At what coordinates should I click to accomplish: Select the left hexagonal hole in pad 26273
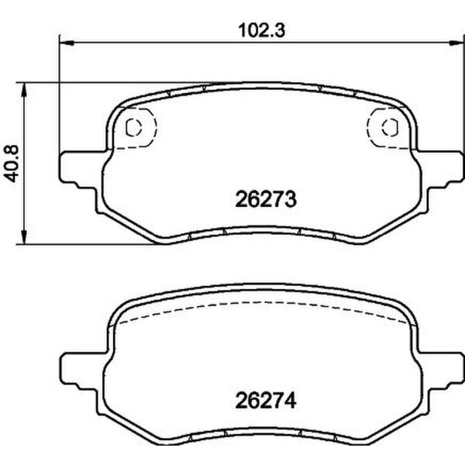pyautogui.click(x=133, y=127)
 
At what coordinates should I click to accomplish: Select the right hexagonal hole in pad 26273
pyautogui.click(x=388, y=127)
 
